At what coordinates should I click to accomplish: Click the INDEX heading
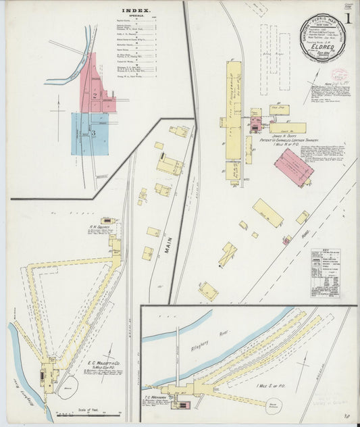(x=136, y=11)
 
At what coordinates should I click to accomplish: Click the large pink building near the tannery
(x=293, y=168)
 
